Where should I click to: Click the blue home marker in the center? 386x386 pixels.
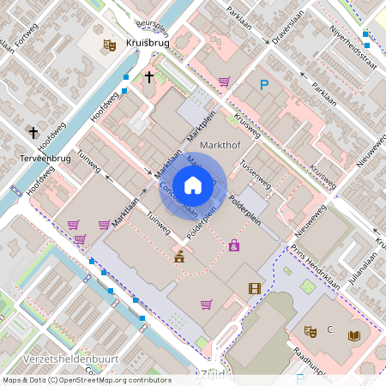[193, 185]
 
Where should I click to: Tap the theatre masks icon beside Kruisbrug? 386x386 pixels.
[109, 44]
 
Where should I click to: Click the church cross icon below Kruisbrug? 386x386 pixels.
[149, 77]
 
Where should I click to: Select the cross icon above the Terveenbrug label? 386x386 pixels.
[33, 132]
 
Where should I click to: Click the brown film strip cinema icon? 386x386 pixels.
[255, 288]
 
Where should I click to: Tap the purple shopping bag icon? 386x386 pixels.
[234, 245]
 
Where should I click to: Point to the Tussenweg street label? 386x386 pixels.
[256, 173]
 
